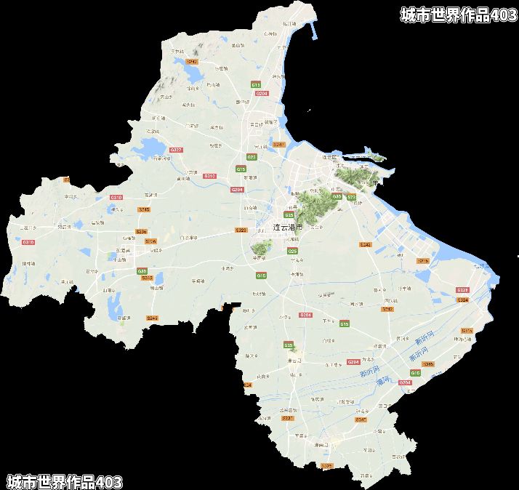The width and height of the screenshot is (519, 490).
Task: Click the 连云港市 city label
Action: pyautogui.click(x=287, y=228)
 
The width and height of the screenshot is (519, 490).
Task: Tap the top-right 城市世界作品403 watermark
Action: pyautogui.click(x=459, y=15)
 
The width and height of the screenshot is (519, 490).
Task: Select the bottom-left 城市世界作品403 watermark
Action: pyautogui.click(x=65, y=481)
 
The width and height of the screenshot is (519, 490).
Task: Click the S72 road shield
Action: pyautogui.click(x=351, y=197)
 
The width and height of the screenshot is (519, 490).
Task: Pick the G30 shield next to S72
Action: pyautogui.click(x=337, y=196)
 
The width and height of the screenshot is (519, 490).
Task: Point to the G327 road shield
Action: pyautogui.click(x=176, y=150)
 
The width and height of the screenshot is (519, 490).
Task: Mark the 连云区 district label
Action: pyautogui.click(x=331, y=157)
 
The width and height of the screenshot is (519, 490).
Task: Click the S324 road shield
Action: pyautogui.click(x=463, y=299)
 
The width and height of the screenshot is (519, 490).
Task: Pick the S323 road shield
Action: pyautogui.click(x=241, y=230)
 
